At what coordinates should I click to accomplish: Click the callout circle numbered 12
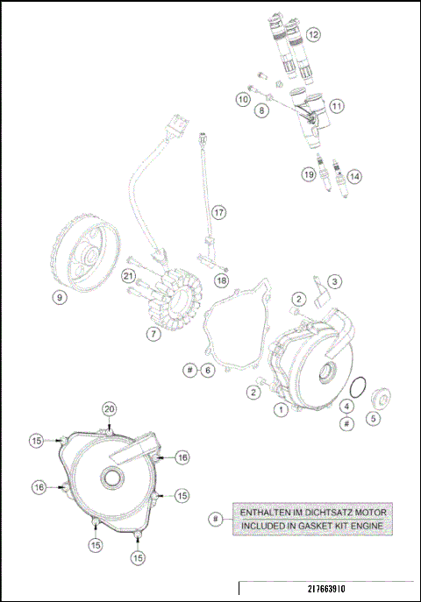[313, 36]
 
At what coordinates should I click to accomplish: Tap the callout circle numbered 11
[337, 105]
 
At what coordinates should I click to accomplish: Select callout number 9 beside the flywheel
[60, 297]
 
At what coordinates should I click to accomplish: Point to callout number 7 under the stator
[153, 334]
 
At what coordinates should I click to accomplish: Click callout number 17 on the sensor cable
[218, 212]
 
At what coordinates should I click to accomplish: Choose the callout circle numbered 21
[129, 278]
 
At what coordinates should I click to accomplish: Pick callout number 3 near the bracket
[335, 281]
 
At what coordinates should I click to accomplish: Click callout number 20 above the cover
[110, 409]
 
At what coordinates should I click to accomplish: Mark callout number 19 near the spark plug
[309, 174]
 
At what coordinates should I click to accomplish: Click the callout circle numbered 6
[208, 371]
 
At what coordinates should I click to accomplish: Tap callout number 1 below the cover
[281, 408]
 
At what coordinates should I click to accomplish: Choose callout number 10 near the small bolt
[243, 101]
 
